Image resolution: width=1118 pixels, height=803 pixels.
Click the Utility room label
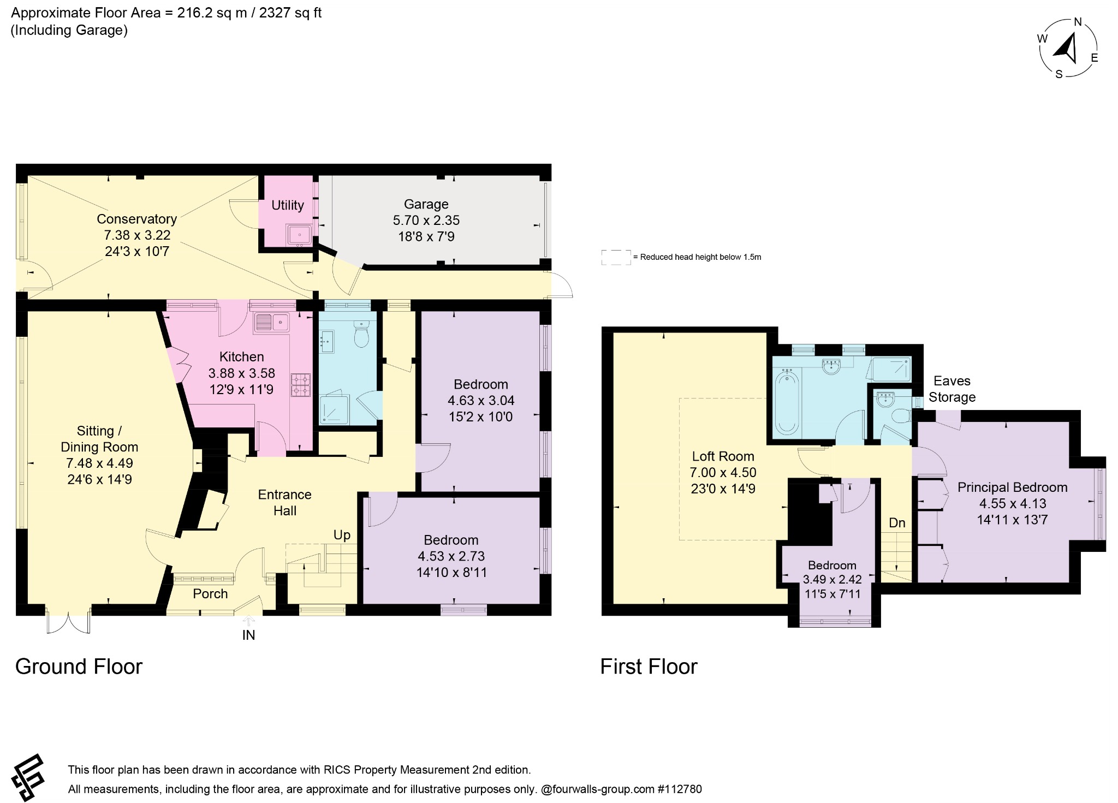288,205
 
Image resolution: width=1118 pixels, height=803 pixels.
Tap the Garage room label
426,204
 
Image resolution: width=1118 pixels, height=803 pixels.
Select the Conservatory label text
136,219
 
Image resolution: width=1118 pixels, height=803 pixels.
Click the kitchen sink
271,322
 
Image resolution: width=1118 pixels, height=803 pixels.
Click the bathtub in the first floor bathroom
787,402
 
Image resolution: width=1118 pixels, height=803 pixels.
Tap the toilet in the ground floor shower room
362,334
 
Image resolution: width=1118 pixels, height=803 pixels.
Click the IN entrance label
248,635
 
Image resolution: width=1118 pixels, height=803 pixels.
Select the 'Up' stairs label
342,535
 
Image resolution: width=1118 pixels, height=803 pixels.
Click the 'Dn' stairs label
897,523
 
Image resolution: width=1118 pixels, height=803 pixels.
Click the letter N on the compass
1078,22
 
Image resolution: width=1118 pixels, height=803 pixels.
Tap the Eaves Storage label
952,389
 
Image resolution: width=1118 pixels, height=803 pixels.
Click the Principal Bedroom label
1012,487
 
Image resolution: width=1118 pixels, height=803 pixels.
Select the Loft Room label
723,456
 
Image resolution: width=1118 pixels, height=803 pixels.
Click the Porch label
210,594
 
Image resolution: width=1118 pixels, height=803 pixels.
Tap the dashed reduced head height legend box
616,258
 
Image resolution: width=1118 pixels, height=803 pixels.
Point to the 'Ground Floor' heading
79,667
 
